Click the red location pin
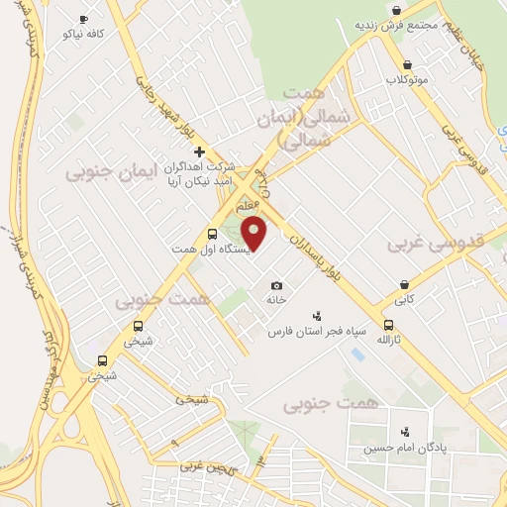tap(255, 234)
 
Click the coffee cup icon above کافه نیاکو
tap(83, 19)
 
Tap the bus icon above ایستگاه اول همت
tap(212, 234)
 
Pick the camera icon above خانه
tap(276, 285)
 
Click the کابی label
tap(404, 298)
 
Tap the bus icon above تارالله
tap(387, 324)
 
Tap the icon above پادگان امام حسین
tap(404, 432)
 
